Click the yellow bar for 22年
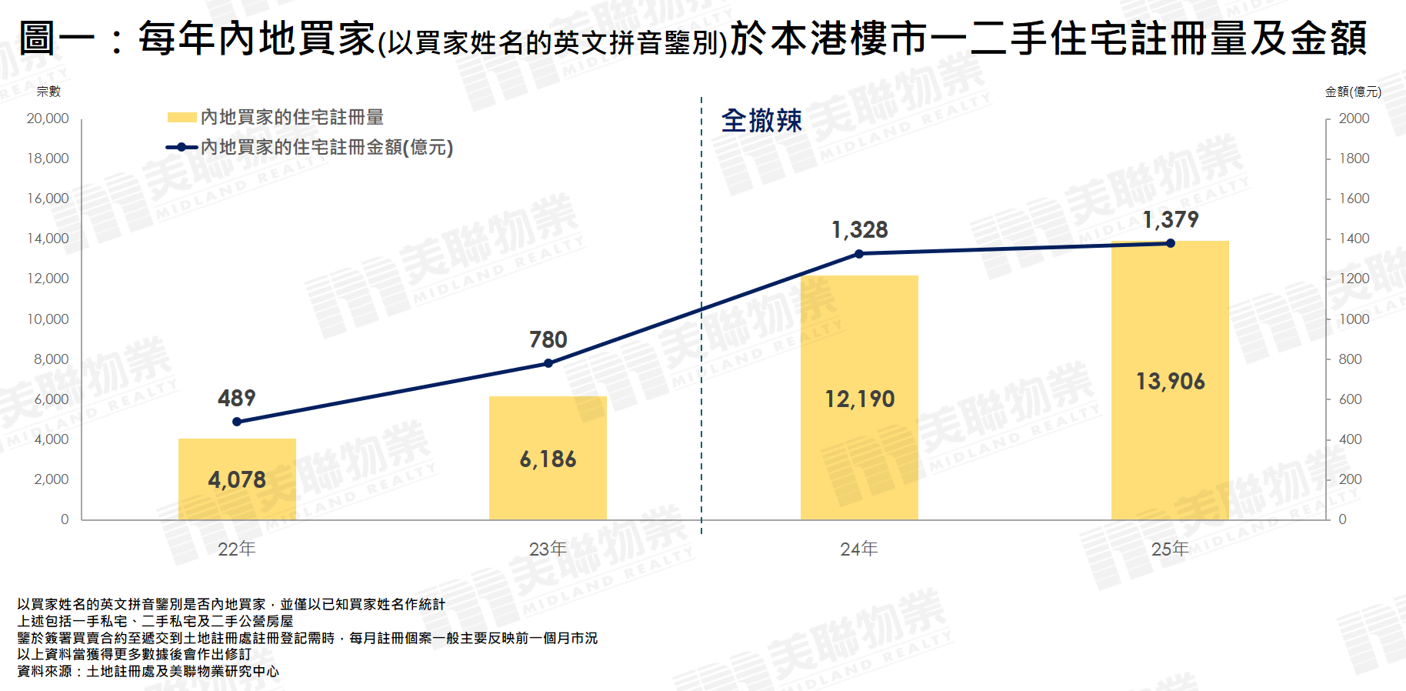pos(237,479)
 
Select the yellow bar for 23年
pos(548,458)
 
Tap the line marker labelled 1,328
pos(859,253)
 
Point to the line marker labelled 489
pos(237,422)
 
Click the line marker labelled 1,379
pos(1171,243)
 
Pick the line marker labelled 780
pos(548,363)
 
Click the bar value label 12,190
pos(859,399)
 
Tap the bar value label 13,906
pos(1171,382)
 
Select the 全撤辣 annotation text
pos(761,121)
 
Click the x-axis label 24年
pos(859,549)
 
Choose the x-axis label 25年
pos(1171,549)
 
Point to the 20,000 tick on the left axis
pos(48,119)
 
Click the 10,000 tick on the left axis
pos(48,319)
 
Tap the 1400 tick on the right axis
pos(1354,239)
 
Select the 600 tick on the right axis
pos(1350,399)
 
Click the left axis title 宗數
pos(48,92)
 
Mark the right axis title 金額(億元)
pos(1353,92)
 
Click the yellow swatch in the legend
pos(182,118)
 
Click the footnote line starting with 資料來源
pos(148,671)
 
